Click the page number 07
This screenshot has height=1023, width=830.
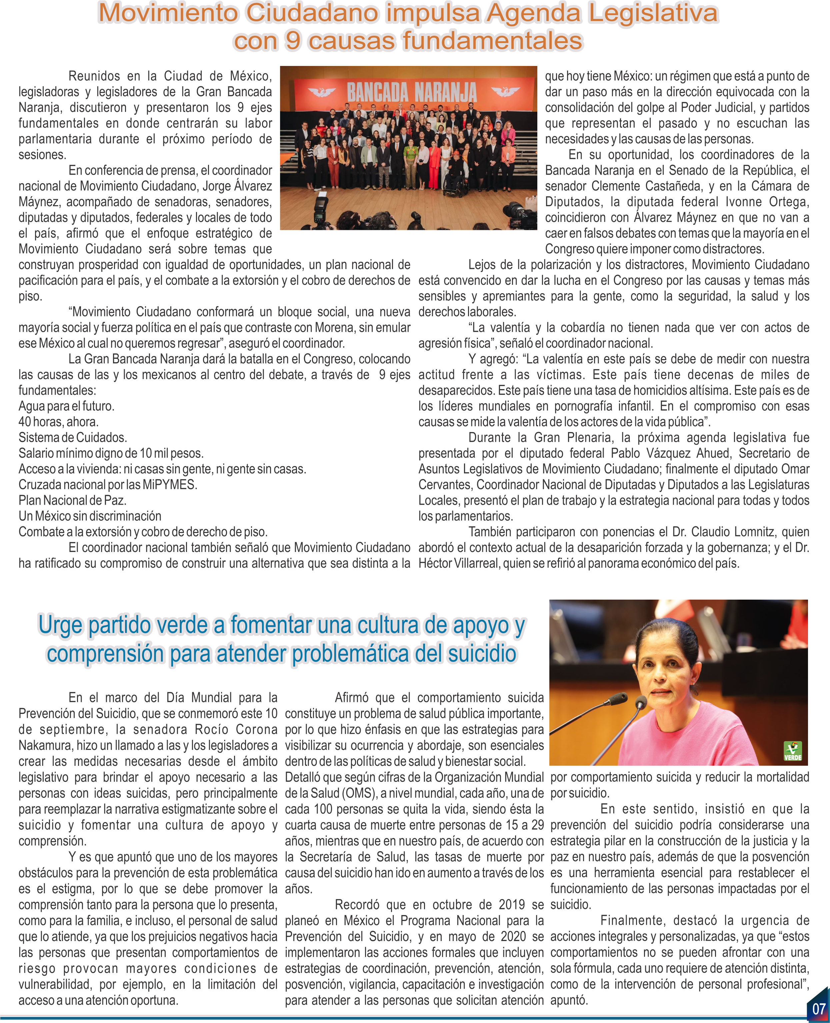point(819,1009)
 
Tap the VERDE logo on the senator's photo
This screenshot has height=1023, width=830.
point(792,752)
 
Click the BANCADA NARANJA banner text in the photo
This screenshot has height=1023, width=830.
point(412,92)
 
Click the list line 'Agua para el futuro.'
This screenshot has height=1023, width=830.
point(66,406)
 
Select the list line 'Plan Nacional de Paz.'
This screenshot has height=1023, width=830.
point(72,500)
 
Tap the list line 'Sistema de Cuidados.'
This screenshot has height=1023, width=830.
point(73,438)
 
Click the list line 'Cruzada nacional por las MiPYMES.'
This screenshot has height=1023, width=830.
point(108,484)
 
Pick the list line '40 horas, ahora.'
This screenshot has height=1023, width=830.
point(58,422)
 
